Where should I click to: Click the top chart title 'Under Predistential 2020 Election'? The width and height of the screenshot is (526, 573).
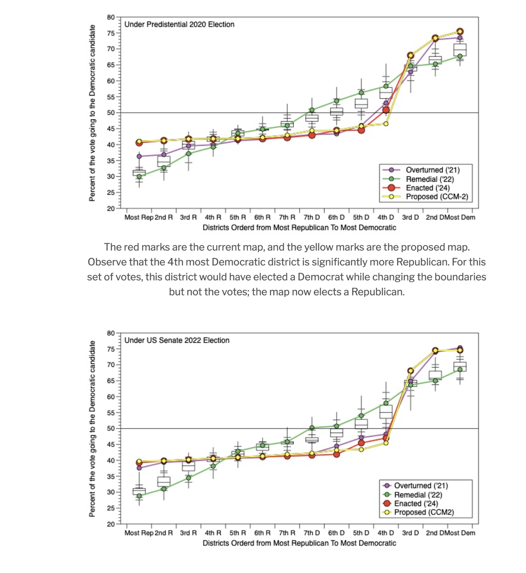tap(179, 24)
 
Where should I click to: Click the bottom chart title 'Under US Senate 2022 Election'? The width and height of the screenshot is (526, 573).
tap(177, 340)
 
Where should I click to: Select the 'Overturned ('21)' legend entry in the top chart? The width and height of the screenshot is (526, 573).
tap(432, 170)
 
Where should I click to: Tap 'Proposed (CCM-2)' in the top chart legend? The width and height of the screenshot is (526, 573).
tap(436, 197)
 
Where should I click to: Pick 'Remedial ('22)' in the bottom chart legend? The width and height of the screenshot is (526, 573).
tap(418, 495)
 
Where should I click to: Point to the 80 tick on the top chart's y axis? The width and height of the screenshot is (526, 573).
tap(111, 17)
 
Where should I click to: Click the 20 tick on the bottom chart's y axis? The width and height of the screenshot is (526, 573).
tap(111, 524)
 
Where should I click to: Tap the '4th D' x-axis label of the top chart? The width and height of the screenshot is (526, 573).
tap(386, 217)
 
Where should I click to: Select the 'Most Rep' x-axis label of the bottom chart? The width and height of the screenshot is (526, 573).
tap(138, 533)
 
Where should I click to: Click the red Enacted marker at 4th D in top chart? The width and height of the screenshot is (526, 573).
tap(386, 110)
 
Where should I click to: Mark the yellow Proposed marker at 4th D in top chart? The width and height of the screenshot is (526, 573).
tap(386, 124)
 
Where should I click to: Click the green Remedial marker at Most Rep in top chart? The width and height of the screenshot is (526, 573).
tap(139, 176)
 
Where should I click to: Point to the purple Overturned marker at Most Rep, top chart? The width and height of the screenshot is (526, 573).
tap(139, 157)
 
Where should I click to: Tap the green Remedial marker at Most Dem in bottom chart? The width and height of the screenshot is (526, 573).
tap(460, 369)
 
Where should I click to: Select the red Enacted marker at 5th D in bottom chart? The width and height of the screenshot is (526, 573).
tap(361, 443)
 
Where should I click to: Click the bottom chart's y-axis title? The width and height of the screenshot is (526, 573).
tap(92, 428)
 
